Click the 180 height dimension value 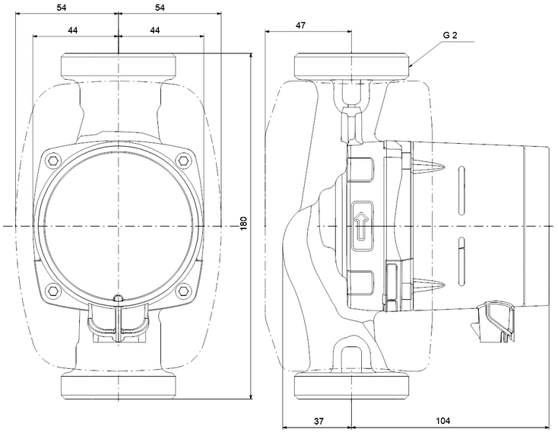[244, 224]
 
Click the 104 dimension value [444, 420]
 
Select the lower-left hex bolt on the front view [52, 291]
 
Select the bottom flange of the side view [353, 387]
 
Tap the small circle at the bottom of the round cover [117, 298]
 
